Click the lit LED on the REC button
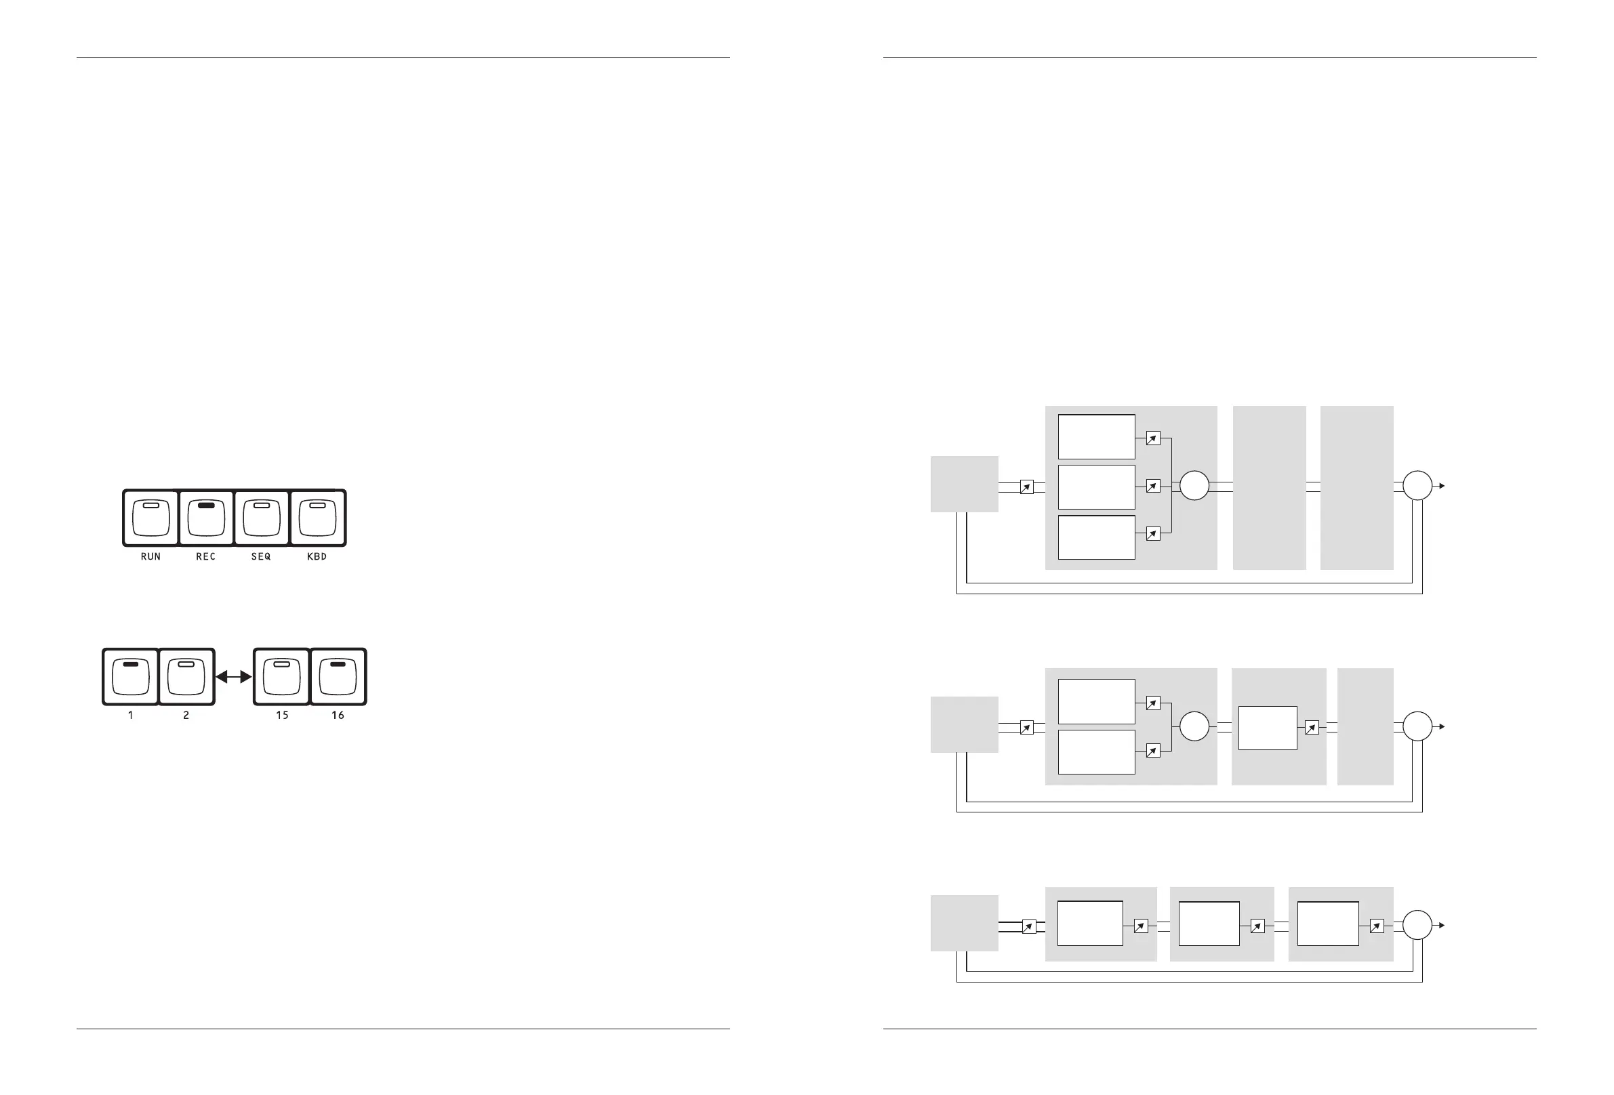tap(205, 505)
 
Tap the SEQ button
tap(262, 518)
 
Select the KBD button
tap(317, 518)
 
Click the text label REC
tap(205, 557)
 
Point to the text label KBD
tap(317, 557)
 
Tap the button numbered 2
tap(186, 677)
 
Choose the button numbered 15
tap(281, 677)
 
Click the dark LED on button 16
tap(338, 665)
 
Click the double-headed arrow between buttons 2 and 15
tap(234, 677)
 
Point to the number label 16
tap(338, 715)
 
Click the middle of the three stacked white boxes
tap(1096, 487)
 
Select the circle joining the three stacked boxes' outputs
tap(1194, 486)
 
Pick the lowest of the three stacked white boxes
tap(1096, 537)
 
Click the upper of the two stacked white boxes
tap(1096, 701)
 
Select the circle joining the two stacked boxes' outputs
tap(1194, 726)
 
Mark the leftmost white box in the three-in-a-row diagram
tap(1089, 924)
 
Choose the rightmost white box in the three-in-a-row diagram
tap(1328, 924)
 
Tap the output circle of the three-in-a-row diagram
tap(1417, 925)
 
